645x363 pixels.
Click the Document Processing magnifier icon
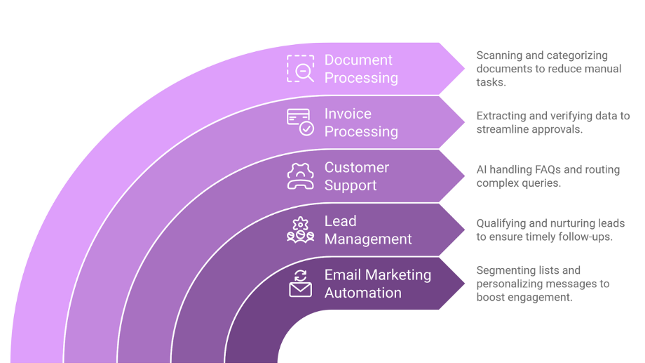(300, 69)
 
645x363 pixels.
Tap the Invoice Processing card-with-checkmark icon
(300, 122)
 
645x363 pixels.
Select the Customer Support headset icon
(300, 176)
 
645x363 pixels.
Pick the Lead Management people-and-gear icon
(300, 230)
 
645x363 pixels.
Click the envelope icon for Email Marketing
(300, 284)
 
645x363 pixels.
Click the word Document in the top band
(358, 60)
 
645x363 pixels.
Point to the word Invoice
(348, 114)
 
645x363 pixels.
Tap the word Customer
(357, 167)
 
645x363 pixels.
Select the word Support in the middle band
(351, 186)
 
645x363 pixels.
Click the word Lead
(341, 221)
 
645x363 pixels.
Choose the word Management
(368, 239)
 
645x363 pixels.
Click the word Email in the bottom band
(343, 275)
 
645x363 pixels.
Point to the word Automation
(363, 293)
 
